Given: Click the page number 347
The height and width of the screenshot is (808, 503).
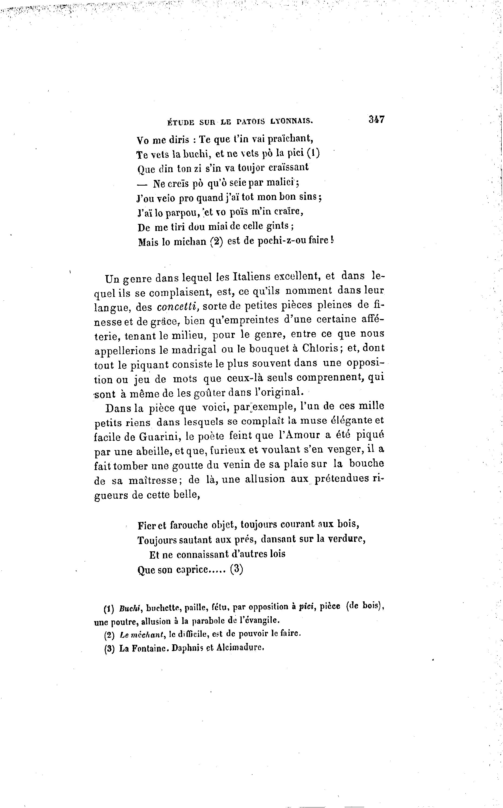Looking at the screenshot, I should pyautogui.click(x=376, y=119).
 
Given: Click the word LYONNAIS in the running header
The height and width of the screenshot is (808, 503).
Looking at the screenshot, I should pyautogui.click(x=291, y=122).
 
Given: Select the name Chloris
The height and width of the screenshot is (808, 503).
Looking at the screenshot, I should pyautogui.click(x=320, y=348).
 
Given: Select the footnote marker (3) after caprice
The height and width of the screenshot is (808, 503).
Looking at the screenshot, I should pyautogui.click(x=236, y=569).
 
